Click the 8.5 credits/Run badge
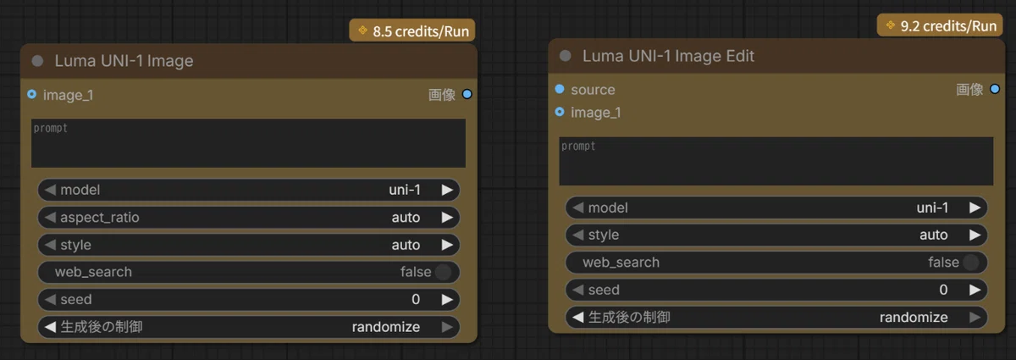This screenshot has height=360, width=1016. pyautogui.click(x=412, y=30)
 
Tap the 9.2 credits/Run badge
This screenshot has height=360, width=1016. pyautogui.click(x=940, y=25)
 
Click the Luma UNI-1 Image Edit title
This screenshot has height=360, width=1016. pyautogui.click(x=668, y=56)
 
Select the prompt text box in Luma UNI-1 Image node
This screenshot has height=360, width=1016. pyautogui.click(x=249, y=143)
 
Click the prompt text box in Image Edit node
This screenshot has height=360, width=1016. pyautogui.click(x=776, y=161)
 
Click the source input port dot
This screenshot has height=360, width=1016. pyautogui.click(x=560, y=89)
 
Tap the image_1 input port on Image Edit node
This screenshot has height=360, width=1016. pyautogui.click(x=560, y=112)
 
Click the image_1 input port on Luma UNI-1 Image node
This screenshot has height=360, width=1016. pyautogui.click(x=32, y=94)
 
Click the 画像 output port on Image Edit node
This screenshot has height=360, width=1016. pyautogui.click(x=995, y=89)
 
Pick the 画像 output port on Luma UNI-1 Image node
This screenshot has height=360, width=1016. pyautogui.click(x=467, y=94)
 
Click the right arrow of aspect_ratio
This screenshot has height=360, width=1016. pyautogui.click(x=447, y=218)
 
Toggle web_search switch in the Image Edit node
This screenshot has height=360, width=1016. pyautogui.click(x=970, y=262)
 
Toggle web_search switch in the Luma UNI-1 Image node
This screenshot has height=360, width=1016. pyautogui.click(x=443, y=272)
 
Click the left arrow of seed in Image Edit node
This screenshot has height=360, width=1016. pyautogui.click(x=577, y=290)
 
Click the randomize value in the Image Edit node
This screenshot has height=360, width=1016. pyautogui.click(x=914, y=317)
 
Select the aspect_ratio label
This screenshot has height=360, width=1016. pyautogui.click(x=100, y=218)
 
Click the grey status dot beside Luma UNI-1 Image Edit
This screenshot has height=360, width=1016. pyautogui.click(x=566, y=56)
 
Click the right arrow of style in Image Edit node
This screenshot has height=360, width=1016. pyautogui.click(x=975, y=235)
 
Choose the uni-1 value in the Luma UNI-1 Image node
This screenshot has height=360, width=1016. pyautogui.click(x=405, y=190)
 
